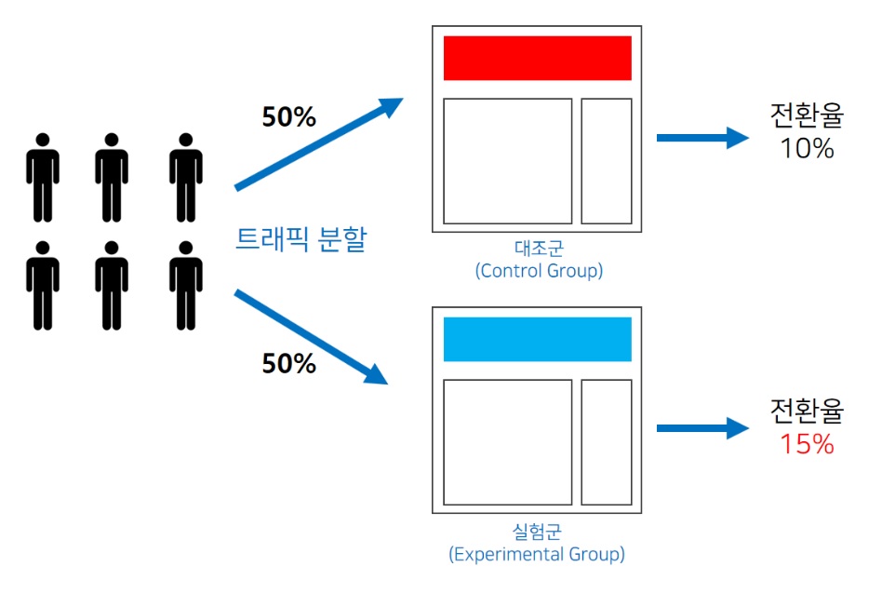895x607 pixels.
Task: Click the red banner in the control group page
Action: tap(537, 58)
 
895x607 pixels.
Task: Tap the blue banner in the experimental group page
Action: tap(537, 339)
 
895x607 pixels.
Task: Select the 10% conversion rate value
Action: tap(807, 149)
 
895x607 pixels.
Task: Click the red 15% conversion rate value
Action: tap(807, 444)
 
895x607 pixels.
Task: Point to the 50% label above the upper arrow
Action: tap(288, 117)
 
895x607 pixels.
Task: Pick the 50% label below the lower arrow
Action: tap(288, 364)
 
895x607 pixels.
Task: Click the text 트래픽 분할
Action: tap(301, 240)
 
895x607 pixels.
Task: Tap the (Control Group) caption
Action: tap(539, 271)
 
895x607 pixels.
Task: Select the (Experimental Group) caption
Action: tap(537, 554)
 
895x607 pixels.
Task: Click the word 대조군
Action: tap(538, 250)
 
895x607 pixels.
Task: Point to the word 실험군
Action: tap(538, 532)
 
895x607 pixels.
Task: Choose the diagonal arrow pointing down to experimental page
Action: tap(311, 336)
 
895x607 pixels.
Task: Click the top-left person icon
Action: tap(42, 177)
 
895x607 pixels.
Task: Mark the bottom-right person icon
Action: tap(186, 285)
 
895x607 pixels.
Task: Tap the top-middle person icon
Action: tap(112, 177)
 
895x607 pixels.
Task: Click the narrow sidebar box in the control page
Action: tap(607, 161)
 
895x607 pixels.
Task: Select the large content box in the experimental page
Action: tap(507, 442)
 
